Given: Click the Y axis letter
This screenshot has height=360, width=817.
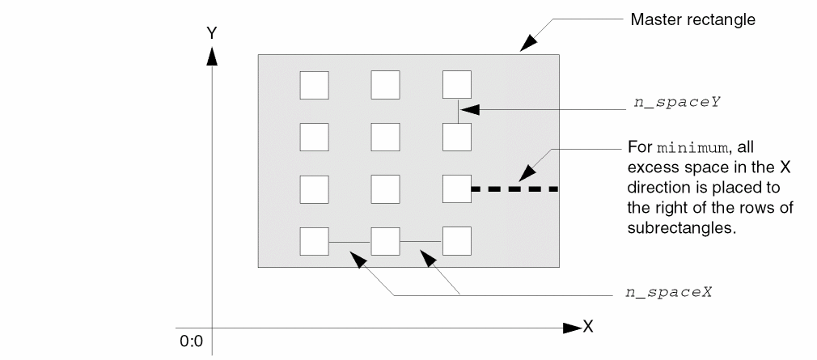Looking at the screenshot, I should click(x=212, y=34).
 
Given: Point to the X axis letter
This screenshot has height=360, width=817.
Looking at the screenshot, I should click(x=589, y=327).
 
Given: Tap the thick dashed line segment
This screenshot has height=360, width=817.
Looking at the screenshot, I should click(x=514, y=189).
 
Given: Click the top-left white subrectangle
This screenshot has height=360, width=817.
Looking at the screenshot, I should click(x=314, y=85).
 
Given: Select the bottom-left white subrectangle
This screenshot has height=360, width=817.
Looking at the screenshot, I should click(x=314, y=241).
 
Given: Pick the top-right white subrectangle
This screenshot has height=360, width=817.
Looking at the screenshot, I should click(x=457, y=85).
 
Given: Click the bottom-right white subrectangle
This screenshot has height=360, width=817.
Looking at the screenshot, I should click(x=457, y=241).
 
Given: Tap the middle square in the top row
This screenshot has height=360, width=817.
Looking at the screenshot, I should click(x=385, y=85).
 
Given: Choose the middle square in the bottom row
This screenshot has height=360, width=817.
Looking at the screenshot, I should click(x=385, y=241).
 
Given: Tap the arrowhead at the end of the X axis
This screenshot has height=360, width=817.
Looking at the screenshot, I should click(x=573, y=328).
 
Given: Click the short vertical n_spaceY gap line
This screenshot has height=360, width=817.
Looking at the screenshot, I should click(x=457, y=112).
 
